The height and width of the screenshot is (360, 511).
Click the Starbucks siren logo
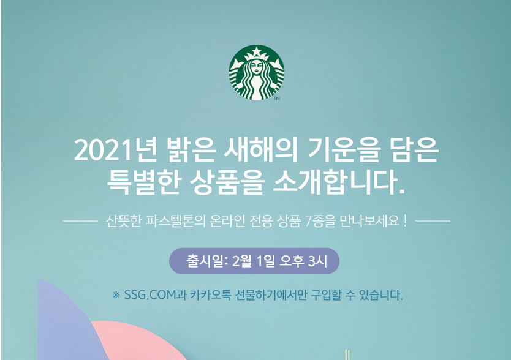pyautogui.click(x=257, y=72)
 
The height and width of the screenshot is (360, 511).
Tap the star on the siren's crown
pyautogui.click(x=257, y=51)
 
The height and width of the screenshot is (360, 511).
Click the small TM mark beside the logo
pyautogui.click(x=277, y=98)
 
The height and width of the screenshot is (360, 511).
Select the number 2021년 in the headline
pyautogui.click(x=116, y=151)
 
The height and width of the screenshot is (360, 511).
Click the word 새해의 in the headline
pyautogui.click(x=261, y=151)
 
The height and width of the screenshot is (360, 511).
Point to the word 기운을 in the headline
pyautogui.click(x=344, y=151)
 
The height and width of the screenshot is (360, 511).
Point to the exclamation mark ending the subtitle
pyautogui.click(x=405, y=221)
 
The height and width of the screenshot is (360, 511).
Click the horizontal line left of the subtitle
pyautogui.click(x=80, y=221)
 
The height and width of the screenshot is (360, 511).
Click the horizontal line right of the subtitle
pyautogui.click(x=433, y=221)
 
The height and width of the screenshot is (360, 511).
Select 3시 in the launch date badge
pyautogui.click(x=317, y=261)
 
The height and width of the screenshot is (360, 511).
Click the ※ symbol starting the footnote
pyautogui.click(x=116, y=295)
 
